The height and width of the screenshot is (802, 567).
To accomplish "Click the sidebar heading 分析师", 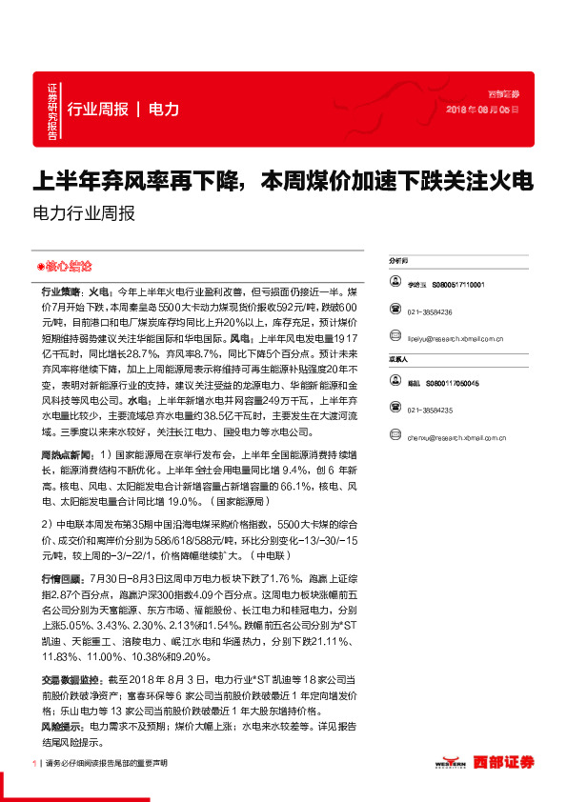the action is click(398, 259).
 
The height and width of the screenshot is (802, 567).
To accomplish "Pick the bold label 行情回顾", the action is click(60, 578).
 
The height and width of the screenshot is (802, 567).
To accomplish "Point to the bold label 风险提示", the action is click(60, 727).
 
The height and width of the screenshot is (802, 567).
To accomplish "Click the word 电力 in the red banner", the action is click(164, 110).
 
